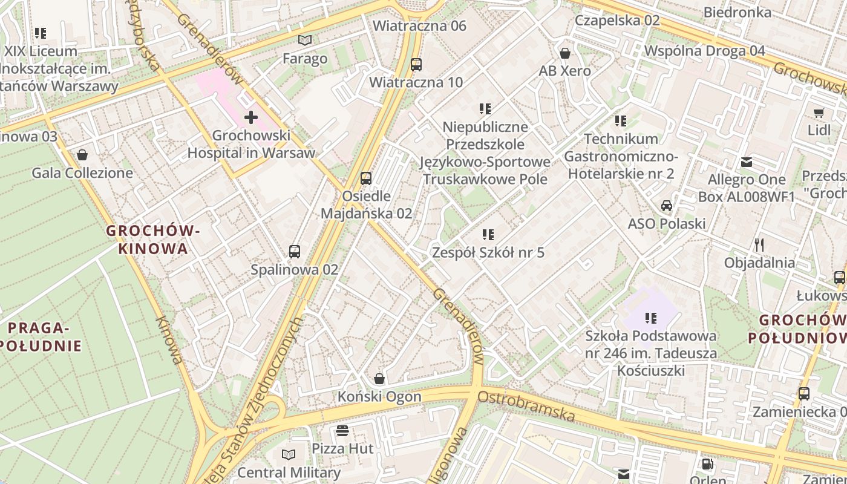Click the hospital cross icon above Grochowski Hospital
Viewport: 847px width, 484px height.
point(251,117)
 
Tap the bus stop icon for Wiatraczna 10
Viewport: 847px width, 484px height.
point(416,64)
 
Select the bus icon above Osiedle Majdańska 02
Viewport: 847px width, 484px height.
point(366,178)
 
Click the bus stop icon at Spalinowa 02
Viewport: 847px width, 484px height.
point(295,252)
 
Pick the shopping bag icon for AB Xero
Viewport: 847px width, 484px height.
point(565,53)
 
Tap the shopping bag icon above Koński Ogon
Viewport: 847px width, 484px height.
point(379,379)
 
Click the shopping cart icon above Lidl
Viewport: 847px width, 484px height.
point(819,113)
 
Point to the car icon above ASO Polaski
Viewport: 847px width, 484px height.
point(667,206)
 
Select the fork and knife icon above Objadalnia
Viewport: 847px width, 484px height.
point(759,245)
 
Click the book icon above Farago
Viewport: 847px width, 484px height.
point(306,41)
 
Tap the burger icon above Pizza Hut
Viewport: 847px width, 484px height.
point(342,431)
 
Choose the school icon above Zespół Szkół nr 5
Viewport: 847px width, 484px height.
point(488,235)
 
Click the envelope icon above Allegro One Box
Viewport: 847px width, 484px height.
point(747,162)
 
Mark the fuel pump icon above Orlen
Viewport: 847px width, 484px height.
point(707,465)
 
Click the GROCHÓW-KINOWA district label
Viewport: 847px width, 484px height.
point(153,240)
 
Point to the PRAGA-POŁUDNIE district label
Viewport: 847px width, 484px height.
point(40,337)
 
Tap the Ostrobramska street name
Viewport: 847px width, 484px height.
point(526,406)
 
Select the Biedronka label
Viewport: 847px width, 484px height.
point(737,12)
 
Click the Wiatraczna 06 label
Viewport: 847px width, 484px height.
point(419,25)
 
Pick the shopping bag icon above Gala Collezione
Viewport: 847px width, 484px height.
point(82,155)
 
